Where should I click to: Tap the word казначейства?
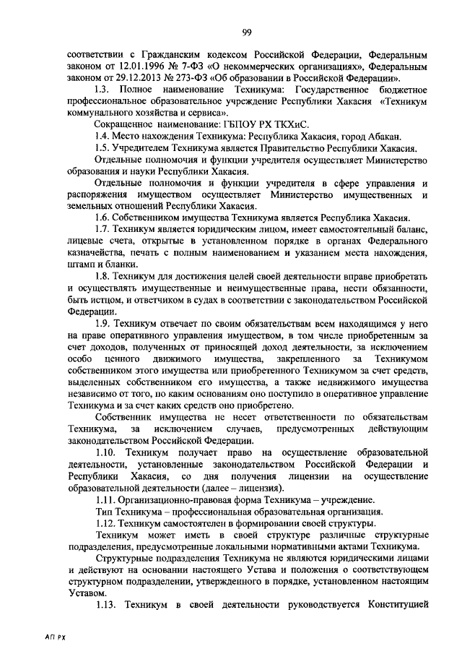90,253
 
